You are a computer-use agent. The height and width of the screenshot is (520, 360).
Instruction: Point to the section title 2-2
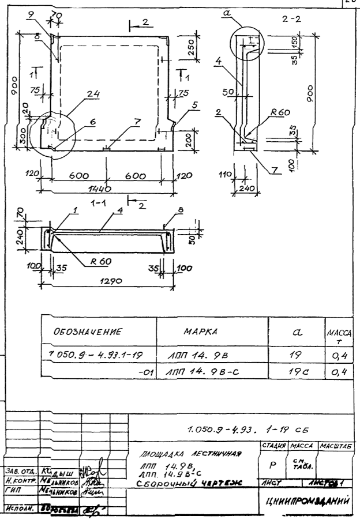coord(294,20)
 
